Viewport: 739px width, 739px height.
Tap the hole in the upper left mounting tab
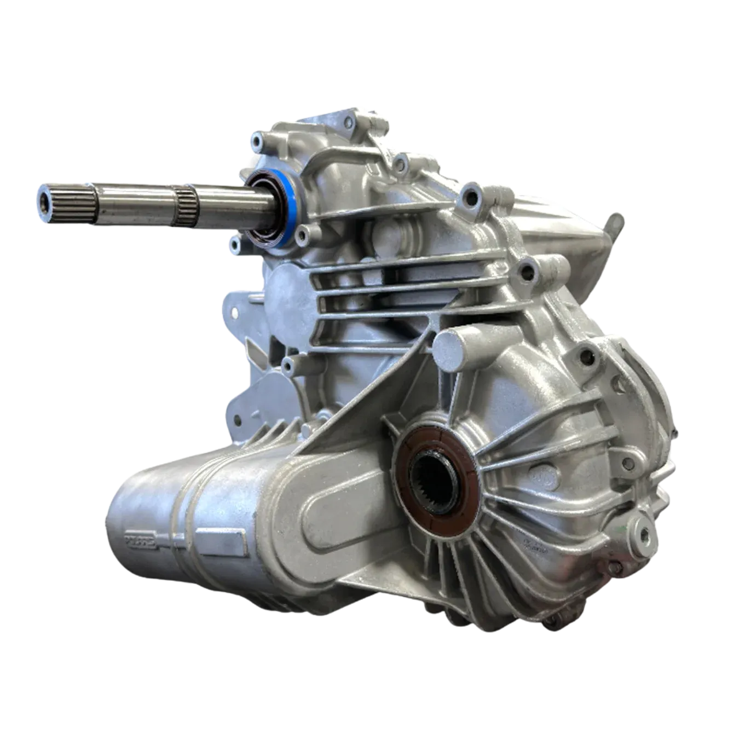[x=234, y=312]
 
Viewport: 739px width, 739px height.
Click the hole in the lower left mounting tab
[x=236, y=420]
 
